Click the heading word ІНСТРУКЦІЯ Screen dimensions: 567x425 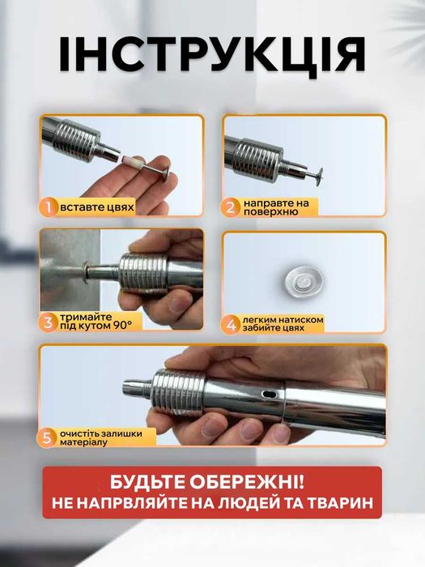pos(212,55)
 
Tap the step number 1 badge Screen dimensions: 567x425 pos(49,207)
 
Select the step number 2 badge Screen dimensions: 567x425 pos(232,207)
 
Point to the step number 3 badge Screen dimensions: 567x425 pos(49,322)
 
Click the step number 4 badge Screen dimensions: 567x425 pos(232,324)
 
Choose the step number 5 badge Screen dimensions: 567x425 pos(49,438)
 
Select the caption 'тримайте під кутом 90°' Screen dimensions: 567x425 pos(100,322)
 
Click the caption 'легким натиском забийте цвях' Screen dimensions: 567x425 pos(285,324)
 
